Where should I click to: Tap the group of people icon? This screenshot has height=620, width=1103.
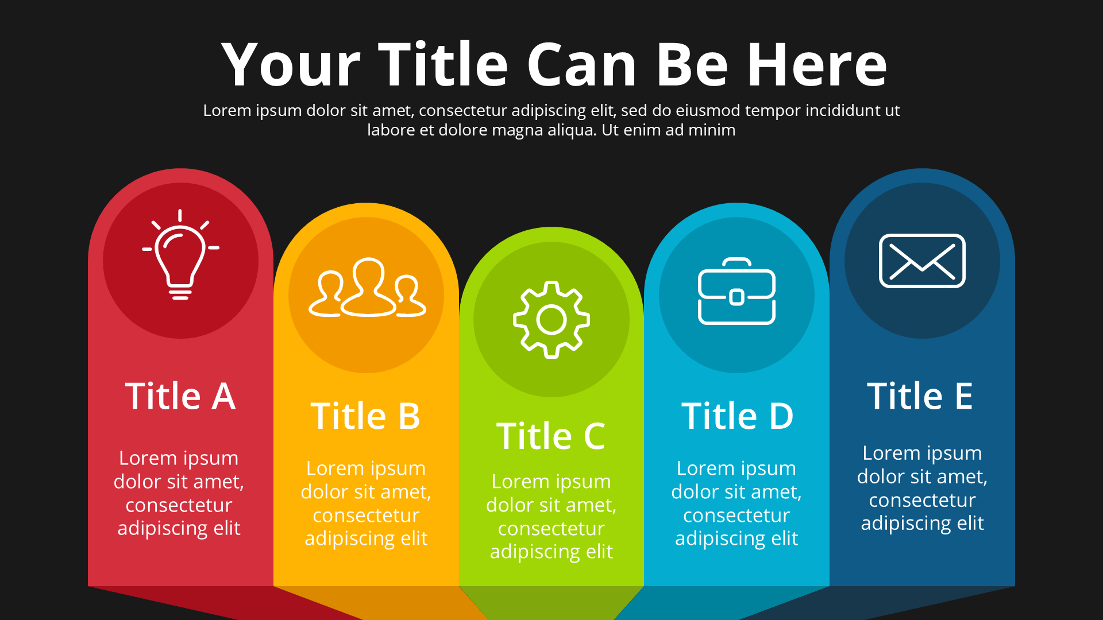tap(367, 287)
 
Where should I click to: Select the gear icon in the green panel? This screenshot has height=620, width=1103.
tap(551, 320)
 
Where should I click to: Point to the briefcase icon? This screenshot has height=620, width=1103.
tap(736, 291)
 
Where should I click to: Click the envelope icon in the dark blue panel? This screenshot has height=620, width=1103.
tap(922, 261)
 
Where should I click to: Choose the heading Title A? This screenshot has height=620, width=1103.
tap(180, 396)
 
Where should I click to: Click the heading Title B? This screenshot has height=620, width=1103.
tap(365, 416)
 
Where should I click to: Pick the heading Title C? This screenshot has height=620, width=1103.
tap(551, 436)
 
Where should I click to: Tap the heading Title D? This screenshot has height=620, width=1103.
tap(737, 416)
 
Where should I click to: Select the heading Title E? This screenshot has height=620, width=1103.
tap(920, 396)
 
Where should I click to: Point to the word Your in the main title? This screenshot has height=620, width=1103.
tap(291, 65)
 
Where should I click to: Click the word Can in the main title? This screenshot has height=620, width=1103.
tap(581, 65)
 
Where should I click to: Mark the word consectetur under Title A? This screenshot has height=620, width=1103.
tap(179, 505)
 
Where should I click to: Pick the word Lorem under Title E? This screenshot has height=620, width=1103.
tap(890, 453)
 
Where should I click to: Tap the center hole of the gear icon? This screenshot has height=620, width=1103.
tap(551, 320)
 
